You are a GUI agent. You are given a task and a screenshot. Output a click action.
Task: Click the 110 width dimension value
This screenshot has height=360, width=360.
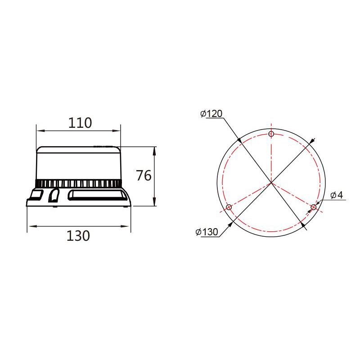80,123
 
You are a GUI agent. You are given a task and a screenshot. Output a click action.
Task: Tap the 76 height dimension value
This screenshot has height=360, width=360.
144,175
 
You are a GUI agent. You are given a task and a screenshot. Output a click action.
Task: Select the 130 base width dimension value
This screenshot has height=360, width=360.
78,236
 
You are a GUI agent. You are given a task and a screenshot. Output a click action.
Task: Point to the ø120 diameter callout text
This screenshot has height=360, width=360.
211,113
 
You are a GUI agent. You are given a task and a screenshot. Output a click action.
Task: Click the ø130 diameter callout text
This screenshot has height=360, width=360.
207,232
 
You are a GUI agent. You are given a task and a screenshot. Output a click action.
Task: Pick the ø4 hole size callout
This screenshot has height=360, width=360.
337,195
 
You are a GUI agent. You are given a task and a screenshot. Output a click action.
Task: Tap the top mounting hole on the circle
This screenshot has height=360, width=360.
271,134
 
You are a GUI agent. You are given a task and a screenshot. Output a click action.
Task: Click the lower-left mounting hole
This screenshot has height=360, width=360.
229,207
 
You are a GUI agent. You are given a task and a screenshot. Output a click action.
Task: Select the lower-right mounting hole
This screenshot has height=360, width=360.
313,207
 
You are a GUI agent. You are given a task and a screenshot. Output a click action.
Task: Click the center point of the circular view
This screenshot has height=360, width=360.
271,183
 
